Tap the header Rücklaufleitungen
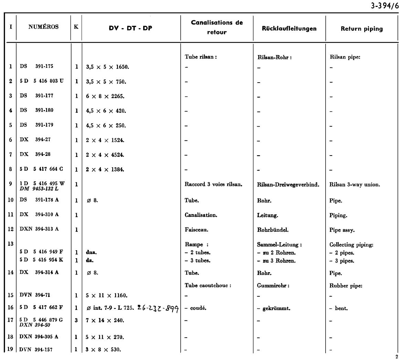[289, 29]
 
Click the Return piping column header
[361, 29]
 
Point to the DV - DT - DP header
[130, 29]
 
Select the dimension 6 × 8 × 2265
[105, 96]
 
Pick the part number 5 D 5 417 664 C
[41, 169]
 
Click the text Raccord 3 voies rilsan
[214, 184]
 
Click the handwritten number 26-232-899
[158, 308]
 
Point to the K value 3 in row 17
[76, 320]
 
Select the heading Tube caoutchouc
[208, 285]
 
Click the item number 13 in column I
[11, 244]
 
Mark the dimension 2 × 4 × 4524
[105, 155]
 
